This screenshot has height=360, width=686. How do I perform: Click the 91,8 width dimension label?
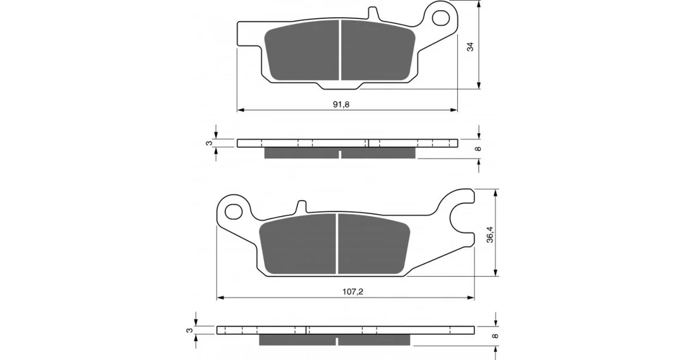point(341,104)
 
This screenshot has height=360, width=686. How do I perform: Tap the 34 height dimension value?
point(471,46)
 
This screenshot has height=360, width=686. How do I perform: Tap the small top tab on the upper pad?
point(372,13)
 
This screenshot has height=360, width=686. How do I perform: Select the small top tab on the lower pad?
point(301,207)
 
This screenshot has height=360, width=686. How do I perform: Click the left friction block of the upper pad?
point(303,52)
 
